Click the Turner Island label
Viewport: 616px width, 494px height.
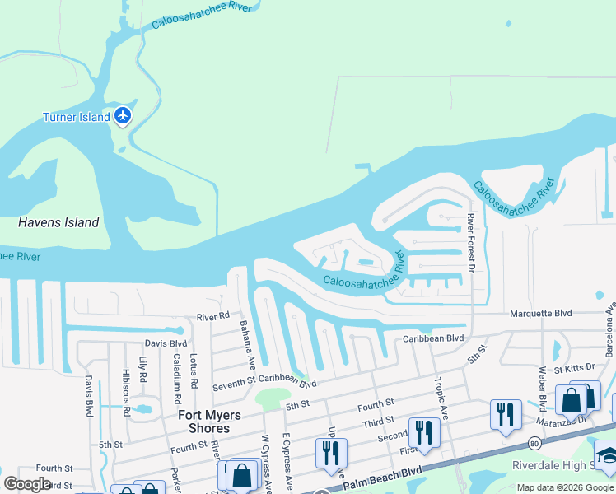tap(76, 117)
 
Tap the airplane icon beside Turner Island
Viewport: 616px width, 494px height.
tap(124, 116)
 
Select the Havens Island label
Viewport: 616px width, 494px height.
tap(58, 222)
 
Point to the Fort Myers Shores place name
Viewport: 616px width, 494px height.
tap(204, 422)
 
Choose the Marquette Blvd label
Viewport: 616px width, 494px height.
tap(540, 313)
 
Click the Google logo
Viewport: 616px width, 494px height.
tap(28, 484)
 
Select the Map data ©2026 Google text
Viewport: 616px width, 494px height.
tap(565, 487)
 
